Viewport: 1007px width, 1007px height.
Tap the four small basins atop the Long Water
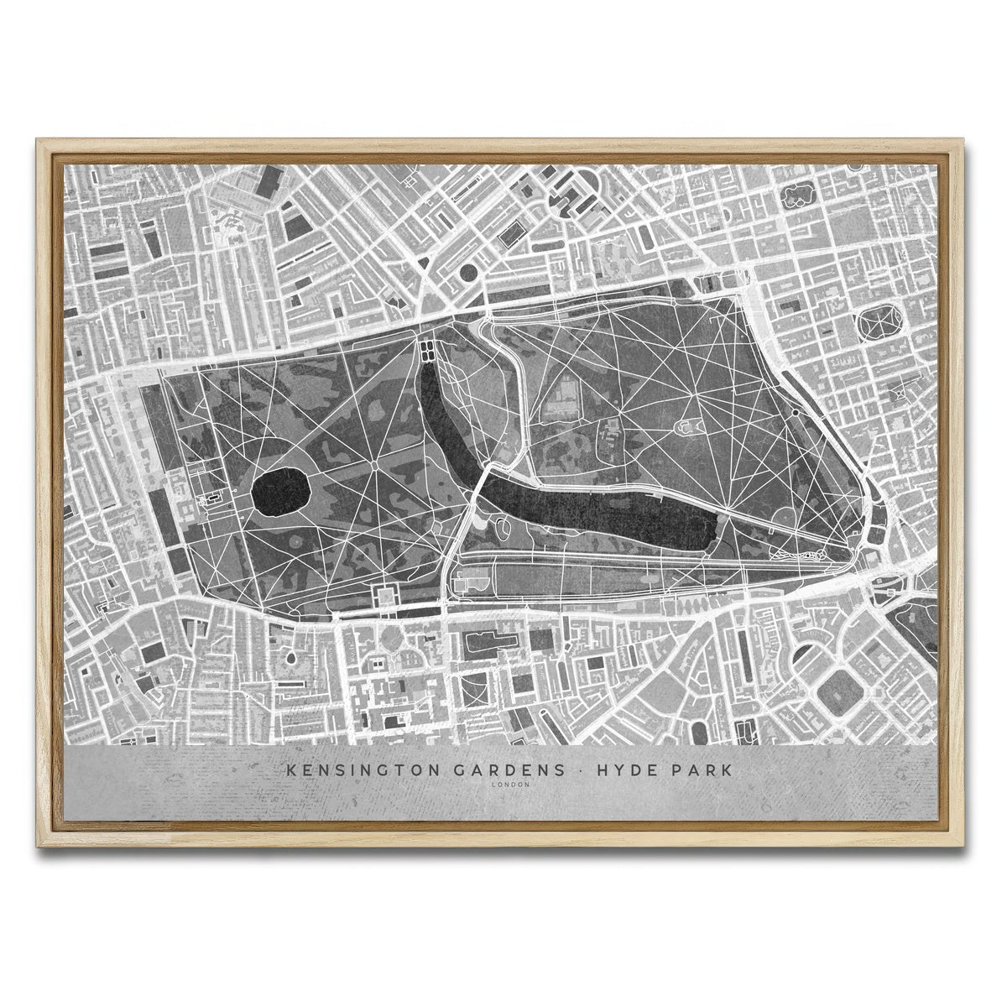pos(427,348)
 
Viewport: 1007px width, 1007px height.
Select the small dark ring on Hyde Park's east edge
pos(795,412)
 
